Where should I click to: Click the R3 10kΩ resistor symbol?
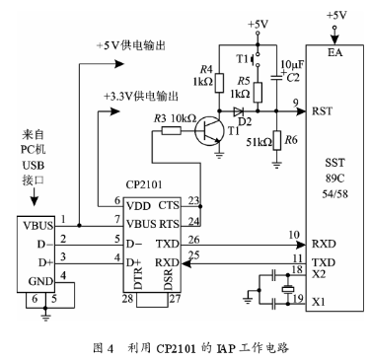(x=172, y=131)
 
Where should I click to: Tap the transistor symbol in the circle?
(x=207, y=131)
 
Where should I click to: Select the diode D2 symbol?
(x=238, y=111)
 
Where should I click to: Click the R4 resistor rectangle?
(x=219, y=83)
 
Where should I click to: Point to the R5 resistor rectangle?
(x=258, y=93)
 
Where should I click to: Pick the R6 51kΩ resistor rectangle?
(x=277, y=140)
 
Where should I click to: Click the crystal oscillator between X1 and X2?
(x=288, y=289)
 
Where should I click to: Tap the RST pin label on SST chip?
(x=322, y=111)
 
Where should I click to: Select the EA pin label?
(x=334, y=52)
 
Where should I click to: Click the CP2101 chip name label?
(x=144, y=184)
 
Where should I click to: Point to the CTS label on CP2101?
(x=169, y=205)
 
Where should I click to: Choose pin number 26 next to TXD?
(x=193, y=240)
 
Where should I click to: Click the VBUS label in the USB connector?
(x=37, y=226)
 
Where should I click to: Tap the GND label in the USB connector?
(x=40, y=281)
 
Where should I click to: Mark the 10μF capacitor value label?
(x=292, y=64)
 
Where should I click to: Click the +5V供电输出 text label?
(x=130, y=45)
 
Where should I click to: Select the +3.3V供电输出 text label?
(x=141, y=97)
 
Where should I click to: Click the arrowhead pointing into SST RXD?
(x=301, y=245)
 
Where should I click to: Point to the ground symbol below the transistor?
(x=218, y=154)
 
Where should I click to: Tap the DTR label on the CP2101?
(x=138, y=278)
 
